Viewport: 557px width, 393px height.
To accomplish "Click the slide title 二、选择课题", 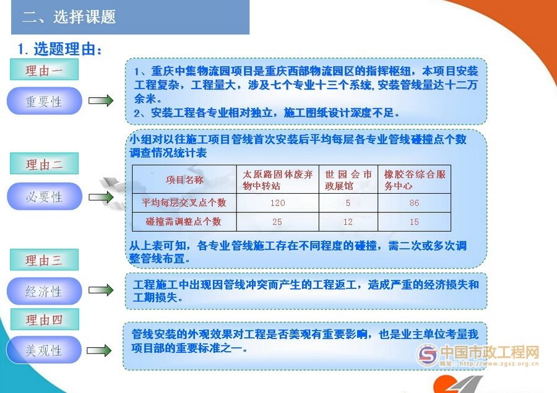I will click(x=69, y=17).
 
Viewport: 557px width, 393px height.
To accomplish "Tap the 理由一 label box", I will click(x=44, y=71).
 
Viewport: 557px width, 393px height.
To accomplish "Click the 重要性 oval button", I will click(x=44, y=101).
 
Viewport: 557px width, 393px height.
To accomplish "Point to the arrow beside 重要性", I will click(x=101, y=101).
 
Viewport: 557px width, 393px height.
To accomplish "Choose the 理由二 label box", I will click(x=44, y=165).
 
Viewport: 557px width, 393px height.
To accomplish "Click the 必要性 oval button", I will click(x=44, y=197).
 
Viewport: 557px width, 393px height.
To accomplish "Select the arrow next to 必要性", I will click(x=101, y=197).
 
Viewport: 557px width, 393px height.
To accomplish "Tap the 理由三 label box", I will click(x=44, y=261).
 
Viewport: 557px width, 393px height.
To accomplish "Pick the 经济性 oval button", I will click(x=44, y=292).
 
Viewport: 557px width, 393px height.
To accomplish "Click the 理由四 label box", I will click(x=44, y=320).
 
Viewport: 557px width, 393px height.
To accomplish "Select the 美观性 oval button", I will click(x=44, y=350).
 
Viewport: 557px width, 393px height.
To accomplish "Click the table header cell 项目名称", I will click(x=184, y=179).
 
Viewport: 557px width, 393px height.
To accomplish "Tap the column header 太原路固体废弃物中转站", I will click(x=277, y=179).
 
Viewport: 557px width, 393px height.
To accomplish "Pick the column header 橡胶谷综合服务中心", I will click(x=414, y=179).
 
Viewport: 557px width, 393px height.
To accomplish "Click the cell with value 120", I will click(x=277, y=203).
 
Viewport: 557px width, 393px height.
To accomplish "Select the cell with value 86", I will click(x=414, y=203).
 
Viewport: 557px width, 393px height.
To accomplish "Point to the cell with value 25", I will click(x=277, y=222).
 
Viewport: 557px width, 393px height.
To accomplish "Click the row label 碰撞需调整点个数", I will click(x=184, y=222).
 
